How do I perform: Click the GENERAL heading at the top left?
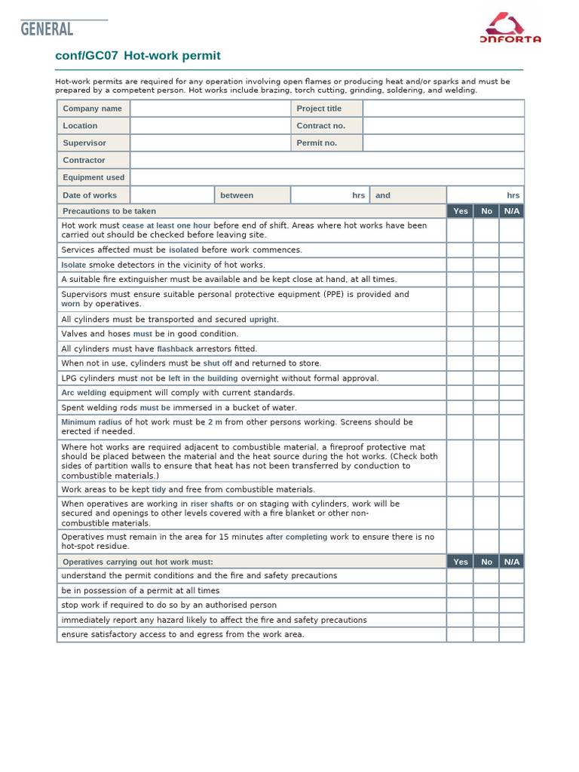47,29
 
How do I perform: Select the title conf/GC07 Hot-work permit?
138,56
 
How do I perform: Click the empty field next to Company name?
210,109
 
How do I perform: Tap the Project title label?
319,109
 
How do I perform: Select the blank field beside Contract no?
443,126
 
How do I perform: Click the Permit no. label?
317,142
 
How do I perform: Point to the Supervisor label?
84,142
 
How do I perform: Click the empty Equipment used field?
326,177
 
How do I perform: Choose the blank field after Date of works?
172,195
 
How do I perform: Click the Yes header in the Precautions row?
461,211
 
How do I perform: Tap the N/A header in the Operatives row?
511,562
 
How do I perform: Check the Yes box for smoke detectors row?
460,265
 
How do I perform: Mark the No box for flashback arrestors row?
486,349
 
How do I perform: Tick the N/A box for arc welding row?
511,393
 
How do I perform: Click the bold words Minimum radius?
91,422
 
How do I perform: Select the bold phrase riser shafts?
212,504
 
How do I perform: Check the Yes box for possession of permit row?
460,591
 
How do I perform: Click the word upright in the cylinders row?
264,320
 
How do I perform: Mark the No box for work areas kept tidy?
486,489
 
